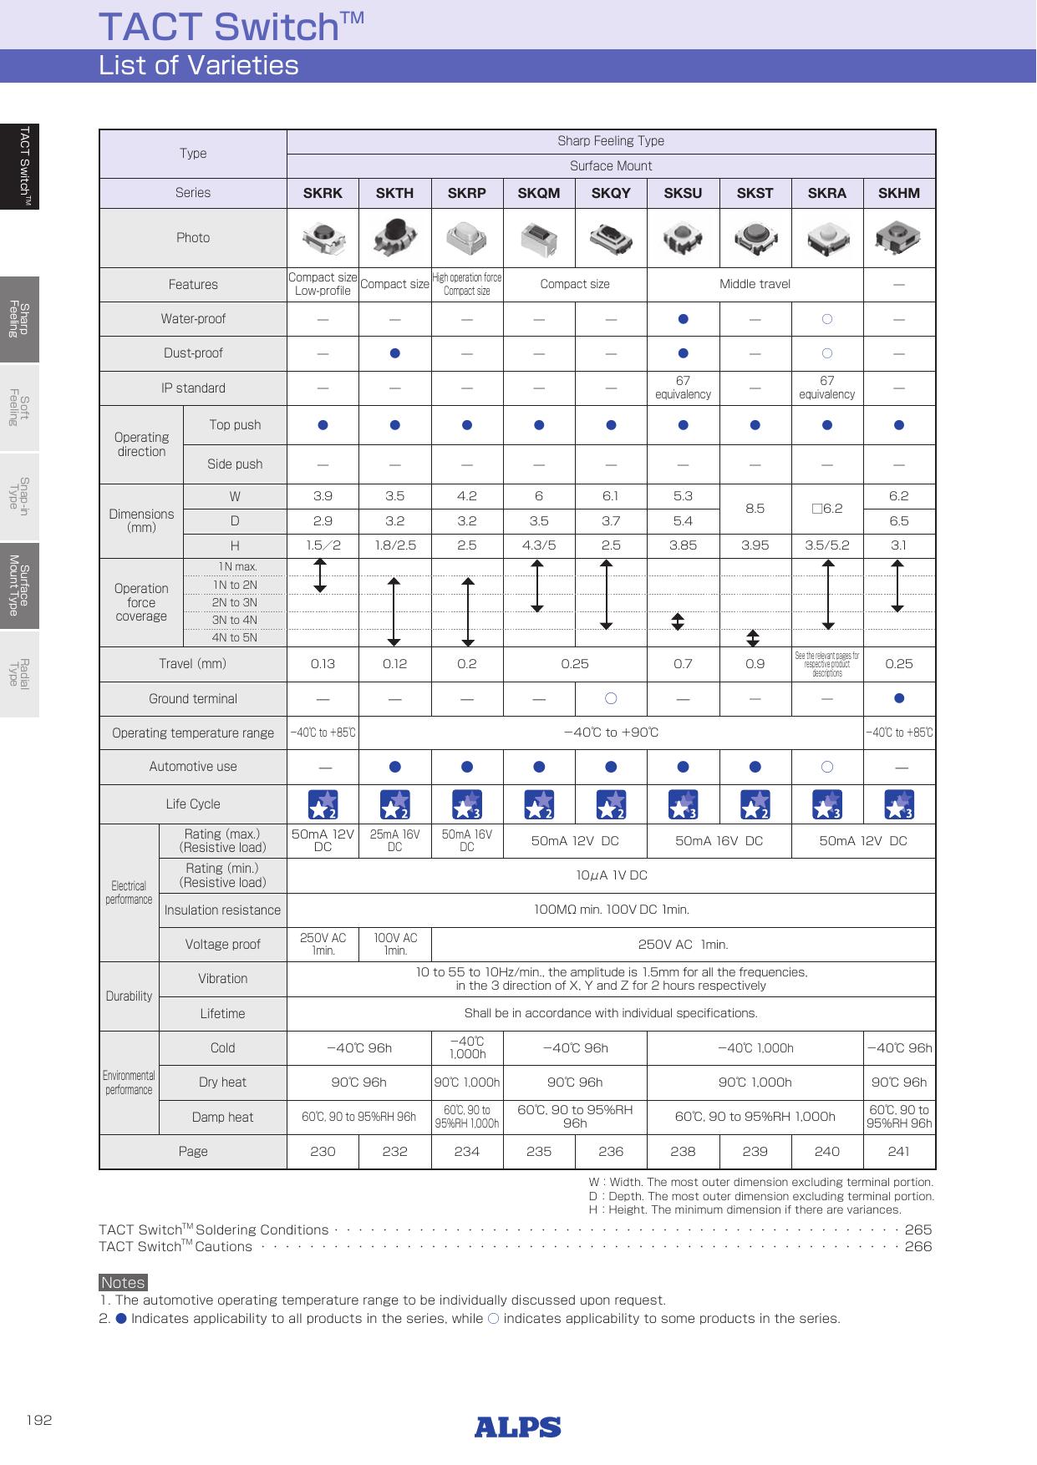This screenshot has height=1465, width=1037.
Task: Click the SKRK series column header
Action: (323, 193)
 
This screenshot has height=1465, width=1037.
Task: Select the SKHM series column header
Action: (898, 193)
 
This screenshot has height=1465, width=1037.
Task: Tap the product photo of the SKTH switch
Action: (394, 237)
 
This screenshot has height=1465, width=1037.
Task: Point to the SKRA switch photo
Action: (826, 237)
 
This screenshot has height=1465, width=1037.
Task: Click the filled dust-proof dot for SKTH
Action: (394, 353)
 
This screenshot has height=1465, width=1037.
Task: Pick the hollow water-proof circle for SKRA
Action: (826, 318)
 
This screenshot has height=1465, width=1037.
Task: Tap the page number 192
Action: (38, 1420)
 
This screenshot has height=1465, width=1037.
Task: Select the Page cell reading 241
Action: (898, 1151)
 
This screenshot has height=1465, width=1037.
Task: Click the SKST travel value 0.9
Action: (755, 664)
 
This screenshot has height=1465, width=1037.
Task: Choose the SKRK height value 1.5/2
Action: (323, 545)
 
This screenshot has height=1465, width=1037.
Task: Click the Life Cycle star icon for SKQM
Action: (539, 803)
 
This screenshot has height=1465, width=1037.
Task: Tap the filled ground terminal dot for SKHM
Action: (898, 698)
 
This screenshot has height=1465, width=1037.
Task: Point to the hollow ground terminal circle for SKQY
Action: (611, 698)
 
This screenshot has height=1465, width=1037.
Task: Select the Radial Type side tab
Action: (19, 673)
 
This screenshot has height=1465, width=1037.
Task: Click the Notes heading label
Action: (123, 1282)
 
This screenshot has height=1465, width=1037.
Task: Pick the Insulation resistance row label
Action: (222, 910)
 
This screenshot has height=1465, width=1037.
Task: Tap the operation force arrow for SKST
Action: (753, 638)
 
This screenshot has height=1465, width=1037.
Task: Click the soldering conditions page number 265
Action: (918, 1229)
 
